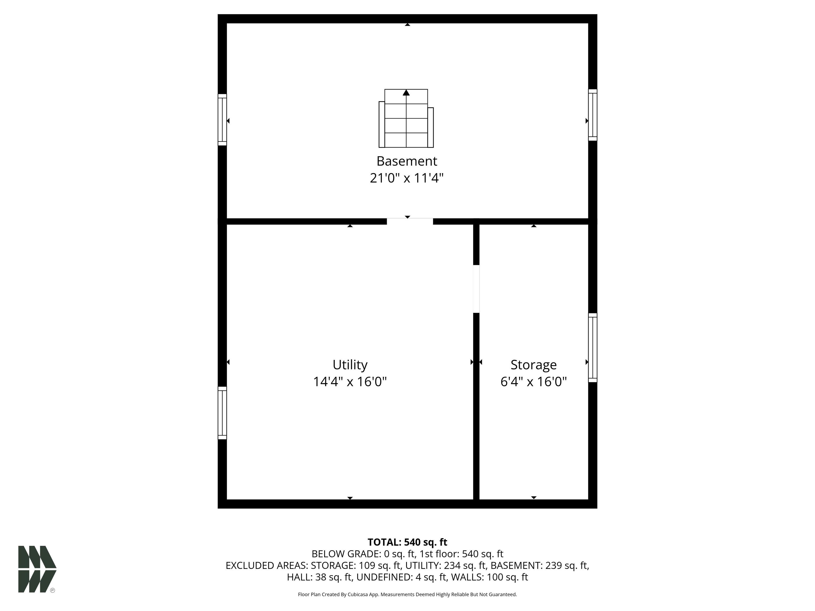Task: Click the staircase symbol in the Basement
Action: point(406,118)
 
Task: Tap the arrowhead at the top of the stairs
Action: point(406,93)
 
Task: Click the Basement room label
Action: point(407,161)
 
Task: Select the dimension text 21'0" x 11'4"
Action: point(407,178)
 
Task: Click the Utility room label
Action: point(350,365)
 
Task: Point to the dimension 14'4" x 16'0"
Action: point(350,382)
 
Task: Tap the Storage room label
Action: point(534,365)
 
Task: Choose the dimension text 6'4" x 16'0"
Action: point(534,382)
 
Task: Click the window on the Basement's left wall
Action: point(222,120)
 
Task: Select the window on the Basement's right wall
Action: point(592,115)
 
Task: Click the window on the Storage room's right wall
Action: point(592,348)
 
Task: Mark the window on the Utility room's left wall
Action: point(222,413)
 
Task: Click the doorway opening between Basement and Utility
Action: point(410,221)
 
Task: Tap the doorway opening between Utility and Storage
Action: point(476,289)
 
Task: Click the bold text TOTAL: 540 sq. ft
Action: point(407,542)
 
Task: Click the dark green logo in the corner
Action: point(37,569)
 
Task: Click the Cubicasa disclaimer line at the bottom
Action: point(407,595)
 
